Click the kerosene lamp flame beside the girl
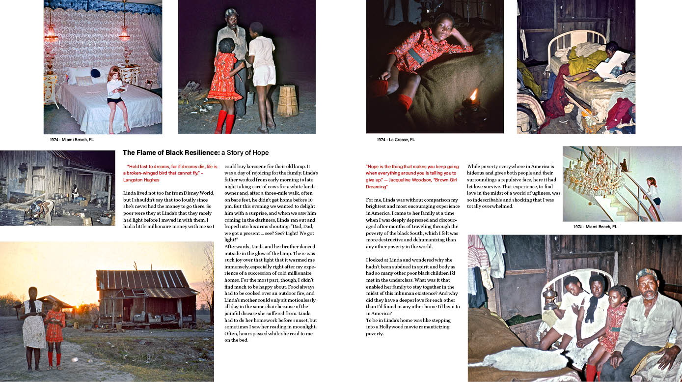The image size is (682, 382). tap(474, 94)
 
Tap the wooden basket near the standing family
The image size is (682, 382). tap(287, 100)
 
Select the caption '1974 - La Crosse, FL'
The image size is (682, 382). tap(396, 140)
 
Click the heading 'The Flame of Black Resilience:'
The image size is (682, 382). tap(170, 152)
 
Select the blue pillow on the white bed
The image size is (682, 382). tap(95, 73)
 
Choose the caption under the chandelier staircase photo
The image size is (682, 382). tap(595, 227)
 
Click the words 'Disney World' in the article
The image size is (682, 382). tap(198, 193)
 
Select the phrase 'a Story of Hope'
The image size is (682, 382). tap(245, 152)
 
